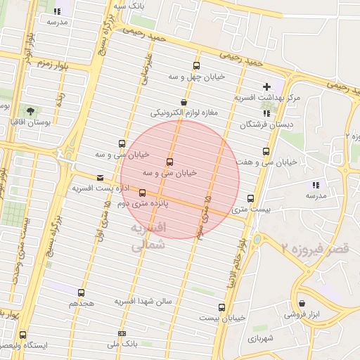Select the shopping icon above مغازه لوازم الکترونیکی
(x=184, y=102)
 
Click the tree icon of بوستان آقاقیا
(x=30, y=110)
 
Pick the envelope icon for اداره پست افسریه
(x=100, y=178)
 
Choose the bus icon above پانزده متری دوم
(x=143, y=192)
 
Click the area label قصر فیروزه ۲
(x=320, y=247)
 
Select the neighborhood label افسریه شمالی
(x=147, y=237)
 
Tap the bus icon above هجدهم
(x=82, y=292)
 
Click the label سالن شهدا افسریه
(x=144, y=302)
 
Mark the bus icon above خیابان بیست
(x=221, y=307)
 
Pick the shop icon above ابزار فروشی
(x=302, y=303)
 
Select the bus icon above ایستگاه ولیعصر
(x=24, y=335)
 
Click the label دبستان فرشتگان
(x=265, y=124)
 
